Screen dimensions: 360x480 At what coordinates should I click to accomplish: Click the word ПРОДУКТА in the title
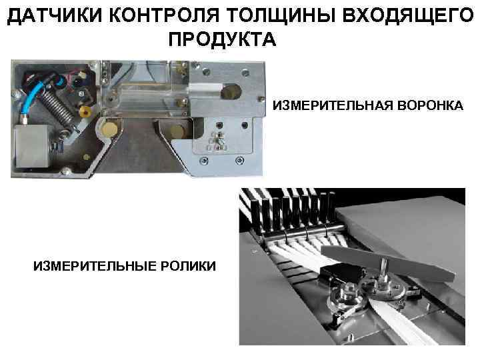(x=221, y=39)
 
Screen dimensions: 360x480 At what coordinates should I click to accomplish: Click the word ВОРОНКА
(x=427, y=106)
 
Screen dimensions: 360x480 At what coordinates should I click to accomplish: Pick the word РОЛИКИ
(x=189, y=266)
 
